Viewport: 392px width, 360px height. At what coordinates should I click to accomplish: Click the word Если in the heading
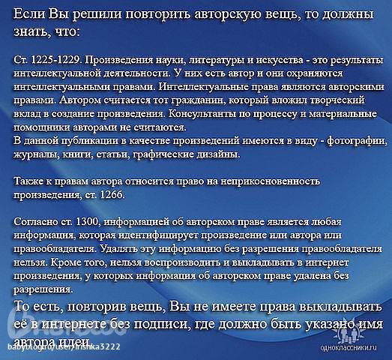[33, 17]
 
